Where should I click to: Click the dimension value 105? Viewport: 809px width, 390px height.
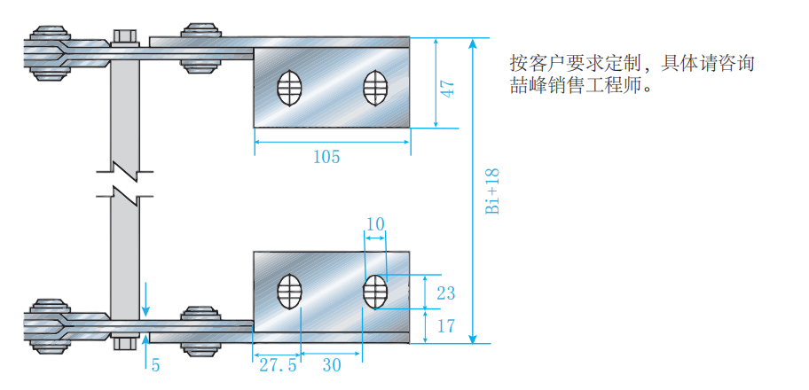click(x=326, y=157)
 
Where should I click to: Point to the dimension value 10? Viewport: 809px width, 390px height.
click(x=375, y=224)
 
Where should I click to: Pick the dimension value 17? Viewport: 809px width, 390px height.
click(x=445, y=326)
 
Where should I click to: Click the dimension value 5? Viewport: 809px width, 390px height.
click(x=154, y=365)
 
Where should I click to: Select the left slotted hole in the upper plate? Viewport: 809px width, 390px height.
click(x=289, y=88)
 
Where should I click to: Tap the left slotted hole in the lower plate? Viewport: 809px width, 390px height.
click(x=289, y=292)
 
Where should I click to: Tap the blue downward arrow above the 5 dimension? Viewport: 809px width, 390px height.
click(x=146, y=301)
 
